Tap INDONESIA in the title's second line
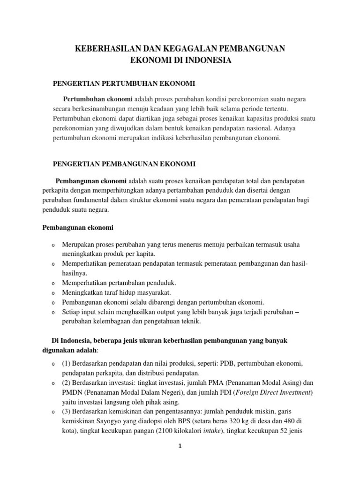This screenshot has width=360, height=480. click(207, 60)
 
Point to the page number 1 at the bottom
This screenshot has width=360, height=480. click(180, 447)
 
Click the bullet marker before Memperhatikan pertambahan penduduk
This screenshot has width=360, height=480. click(53, 284)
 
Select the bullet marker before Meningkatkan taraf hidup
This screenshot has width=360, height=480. click(53, 293)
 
